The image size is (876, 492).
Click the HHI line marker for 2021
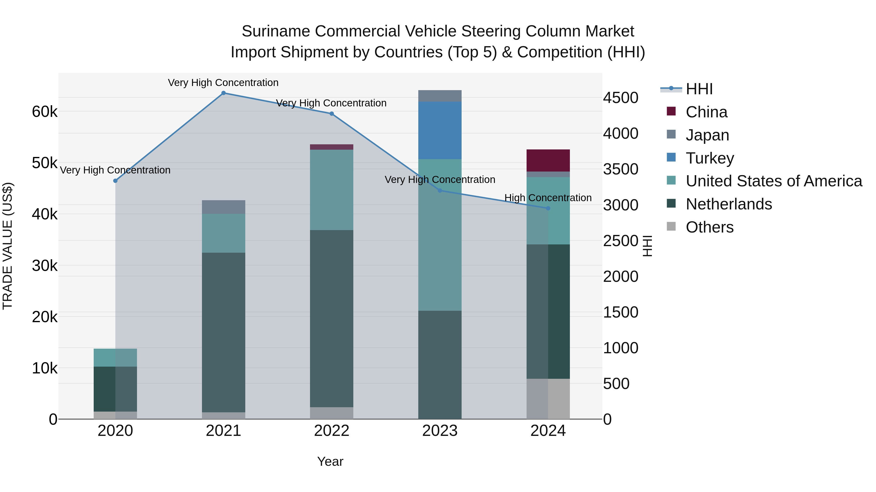point(223,93)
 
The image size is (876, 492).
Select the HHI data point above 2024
point(548,208)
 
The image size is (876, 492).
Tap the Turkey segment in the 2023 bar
point(440,130)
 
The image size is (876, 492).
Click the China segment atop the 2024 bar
point(548,160)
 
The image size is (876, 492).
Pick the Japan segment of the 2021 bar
point(223,207)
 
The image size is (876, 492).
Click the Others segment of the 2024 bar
point(548,399)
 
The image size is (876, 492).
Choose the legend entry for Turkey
point(710,158)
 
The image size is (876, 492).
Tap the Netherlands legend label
point(729,204)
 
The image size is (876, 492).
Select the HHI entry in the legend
point(699,89)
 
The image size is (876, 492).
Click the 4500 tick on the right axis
point(620,98)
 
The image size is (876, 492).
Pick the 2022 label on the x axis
point(332,431)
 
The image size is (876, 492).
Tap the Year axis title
point(330,461)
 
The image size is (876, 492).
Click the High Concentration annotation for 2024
point(548,198)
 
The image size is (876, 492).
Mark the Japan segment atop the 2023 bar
point(440,96)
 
